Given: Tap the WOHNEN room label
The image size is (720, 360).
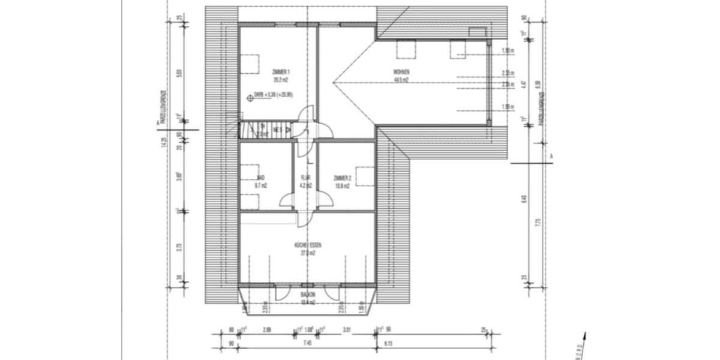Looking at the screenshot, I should tap(401, 72).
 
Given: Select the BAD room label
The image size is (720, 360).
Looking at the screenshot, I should tap(260, 178).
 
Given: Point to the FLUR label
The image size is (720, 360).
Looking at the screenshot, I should tap(305, 178).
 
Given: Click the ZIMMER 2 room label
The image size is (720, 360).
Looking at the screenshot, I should tap(342, 178).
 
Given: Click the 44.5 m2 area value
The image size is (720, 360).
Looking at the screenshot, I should tap(401, 79).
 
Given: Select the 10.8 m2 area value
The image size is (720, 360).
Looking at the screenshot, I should tap(342, 185).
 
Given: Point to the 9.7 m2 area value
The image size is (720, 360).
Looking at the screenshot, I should tap(260, 185).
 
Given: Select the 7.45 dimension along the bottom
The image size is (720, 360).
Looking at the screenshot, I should tap(307, 344).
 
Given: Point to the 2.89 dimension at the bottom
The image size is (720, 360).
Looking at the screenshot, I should tap(268, 329).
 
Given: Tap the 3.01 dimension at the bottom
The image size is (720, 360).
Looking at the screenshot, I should tap(346, 329).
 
